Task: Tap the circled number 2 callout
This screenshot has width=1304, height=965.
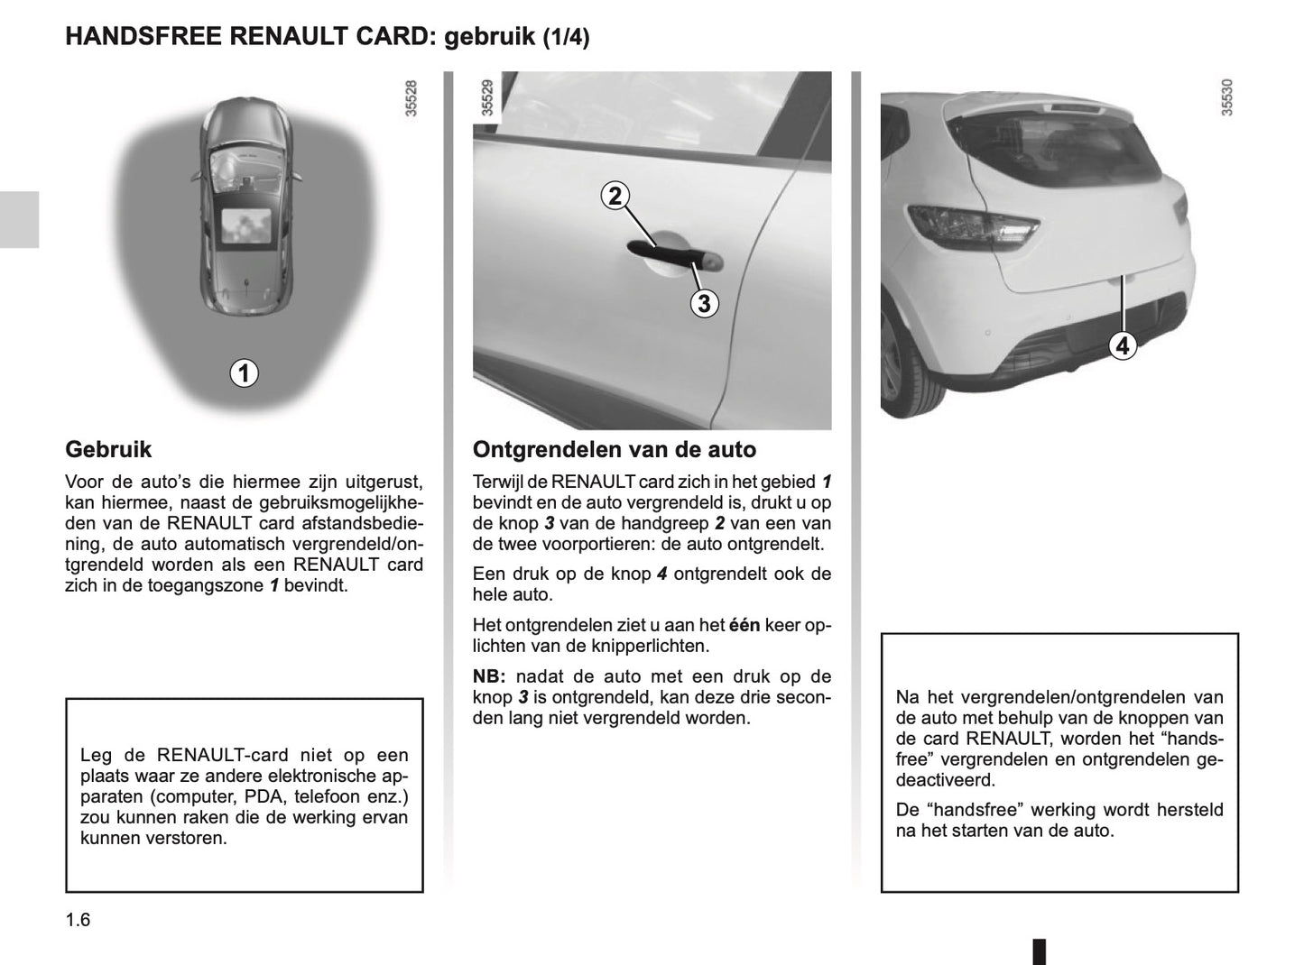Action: click(615, 196)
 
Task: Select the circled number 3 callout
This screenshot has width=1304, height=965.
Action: click(704, 304)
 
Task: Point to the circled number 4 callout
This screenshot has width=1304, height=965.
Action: click(1122, 345)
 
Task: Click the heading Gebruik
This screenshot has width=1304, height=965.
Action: click(108, 449)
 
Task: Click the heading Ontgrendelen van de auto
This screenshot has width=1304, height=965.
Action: click(615, 449)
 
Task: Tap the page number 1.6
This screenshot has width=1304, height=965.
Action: click(78, 920)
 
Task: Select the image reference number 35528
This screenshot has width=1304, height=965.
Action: click(412, 98)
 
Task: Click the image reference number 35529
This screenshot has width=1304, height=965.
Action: click(487, 98)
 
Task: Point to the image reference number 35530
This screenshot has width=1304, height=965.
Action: click(1226, 98)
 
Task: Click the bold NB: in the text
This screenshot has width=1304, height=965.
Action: click(490, 676)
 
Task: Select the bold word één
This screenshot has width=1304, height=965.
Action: click(744, 625)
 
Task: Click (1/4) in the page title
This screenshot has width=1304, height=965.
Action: click(566, 38)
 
